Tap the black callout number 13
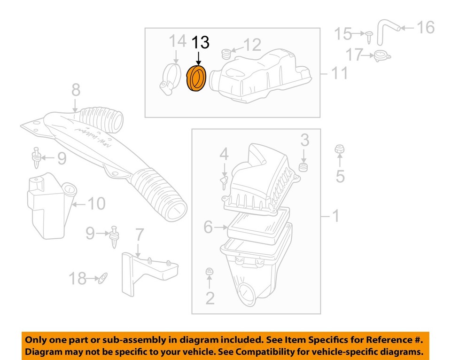point(200,43)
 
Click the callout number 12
point(252,45)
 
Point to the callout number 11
point(339,73)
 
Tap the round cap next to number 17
point(382,56)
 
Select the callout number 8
point(76,90)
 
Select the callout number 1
point(335,217)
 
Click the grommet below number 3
point(305,168)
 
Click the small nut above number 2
point(210,271)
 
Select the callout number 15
point(343,34)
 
